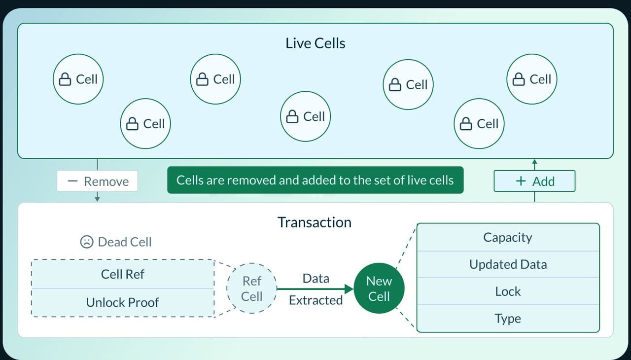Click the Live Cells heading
[x=315, y=43]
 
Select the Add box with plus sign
[x=534, y=181]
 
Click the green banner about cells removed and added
[x=315, y=180]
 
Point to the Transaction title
[x=315, y=222]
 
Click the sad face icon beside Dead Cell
[x=87, y=242]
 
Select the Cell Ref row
[x=123, y=274]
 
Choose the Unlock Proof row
[x=123, y=302]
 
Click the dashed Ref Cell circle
[x=252, y=288]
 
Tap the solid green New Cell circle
[x=379, y=288]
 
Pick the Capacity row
[x=508, y=238]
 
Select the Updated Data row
[x=508, y=264]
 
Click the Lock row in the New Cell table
[x=508, y=291]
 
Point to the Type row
[x=508, y=319]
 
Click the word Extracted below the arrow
[x=315, y=300]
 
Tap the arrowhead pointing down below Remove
[x=98, y=198]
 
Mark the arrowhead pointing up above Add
[x=534, y=162]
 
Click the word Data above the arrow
[x=315, y=278]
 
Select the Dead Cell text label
[x=125, y=242]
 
